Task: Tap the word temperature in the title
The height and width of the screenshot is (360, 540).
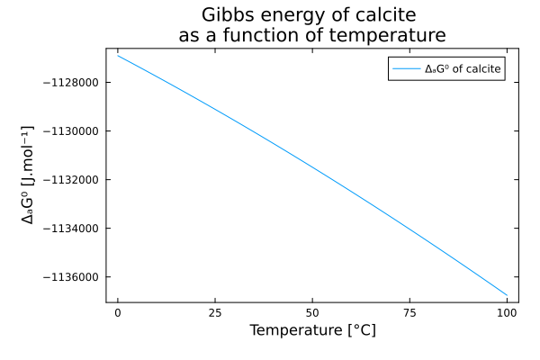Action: [x=387, y=35]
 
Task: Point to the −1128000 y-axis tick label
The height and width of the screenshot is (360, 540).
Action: [x=71, y=83]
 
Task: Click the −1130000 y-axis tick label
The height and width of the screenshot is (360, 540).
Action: [x=71, y=131]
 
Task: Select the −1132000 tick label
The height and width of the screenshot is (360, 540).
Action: [x=71, y=180]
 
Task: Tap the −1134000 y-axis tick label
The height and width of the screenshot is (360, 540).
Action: [x=71, y=229]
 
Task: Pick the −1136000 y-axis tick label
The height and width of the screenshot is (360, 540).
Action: [x=71, y=277]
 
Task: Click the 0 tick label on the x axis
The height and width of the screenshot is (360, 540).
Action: [x=118, y=313]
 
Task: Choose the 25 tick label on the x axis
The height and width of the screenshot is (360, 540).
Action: [x=215, y=313]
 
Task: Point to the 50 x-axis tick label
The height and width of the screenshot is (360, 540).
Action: [x=312, y=313]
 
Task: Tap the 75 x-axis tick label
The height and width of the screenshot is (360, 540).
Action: [x=409, y=313]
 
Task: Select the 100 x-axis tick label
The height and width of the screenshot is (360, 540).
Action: [x=507, y=313]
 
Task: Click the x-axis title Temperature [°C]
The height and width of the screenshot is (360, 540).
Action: [x=312, y=330]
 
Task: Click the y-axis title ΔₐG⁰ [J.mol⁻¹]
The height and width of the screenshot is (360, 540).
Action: [x=28, y=175]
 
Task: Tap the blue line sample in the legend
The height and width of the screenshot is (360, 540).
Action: [x=407, y=69]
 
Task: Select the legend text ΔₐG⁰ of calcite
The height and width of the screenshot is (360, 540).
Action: [x=463, y=69]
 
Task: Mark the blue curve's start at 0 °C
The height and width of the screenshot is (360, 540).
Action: [x=118, y=56]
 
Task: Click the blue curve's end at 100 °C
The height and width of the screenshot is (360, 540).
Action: [x=507, y=295]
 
